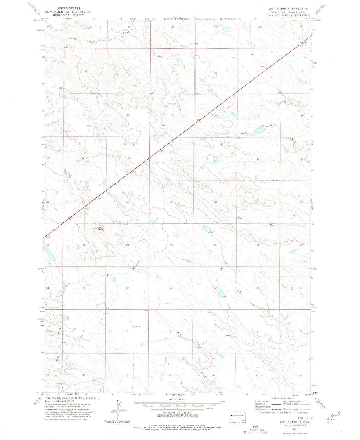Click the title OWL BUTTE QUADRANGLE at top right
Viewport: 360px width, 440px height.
pos(284,9)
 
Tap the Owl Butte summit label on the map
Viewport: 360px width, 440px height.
pos(101,229)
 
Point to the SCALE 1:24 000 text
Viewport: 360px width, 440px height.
pos(178,399)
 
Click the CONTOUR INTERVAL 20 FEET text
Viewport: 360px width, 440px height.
pos(177,413)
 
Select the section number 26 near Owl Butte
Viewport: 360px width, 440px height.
pos(84,245)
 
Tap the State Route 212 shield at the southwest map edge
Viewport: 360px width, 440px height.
pos(48,237)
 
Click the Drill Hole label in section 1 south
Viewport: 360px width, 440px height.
pos(137,327)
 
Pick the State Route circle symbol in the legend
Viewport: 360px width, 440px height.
pos(296,412)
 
